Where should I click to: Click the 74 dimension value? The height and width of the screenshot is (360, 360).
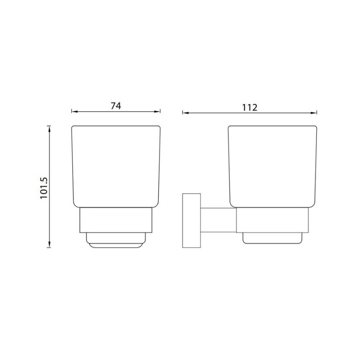pos(116,106)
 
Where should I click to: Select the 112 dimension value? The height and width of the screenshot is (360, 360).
pos(250,108)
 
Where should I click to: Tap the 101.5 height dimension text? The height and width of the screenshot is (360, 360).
pos(44,188)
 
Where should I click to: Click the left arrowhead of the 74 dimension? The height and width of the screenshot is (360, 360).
pos(74,112)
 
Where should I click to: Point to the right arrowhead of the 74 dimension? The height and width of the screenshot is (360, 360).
pos(157,112)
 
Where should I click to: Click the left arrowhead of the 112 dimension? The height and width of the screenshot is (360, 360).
pos(185,113)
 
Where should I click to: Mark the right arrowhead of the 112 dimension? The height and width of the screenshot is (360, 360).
pos(314,113)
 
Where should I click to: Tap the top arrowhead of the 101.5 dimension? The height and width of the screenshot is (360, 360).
pos(49,129)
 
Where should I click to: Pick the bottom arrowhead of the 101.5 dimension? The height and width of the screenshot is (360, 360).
pos(49,245)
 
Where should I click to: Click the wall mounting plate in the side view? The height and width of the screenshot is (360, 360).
pos(192,221)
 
